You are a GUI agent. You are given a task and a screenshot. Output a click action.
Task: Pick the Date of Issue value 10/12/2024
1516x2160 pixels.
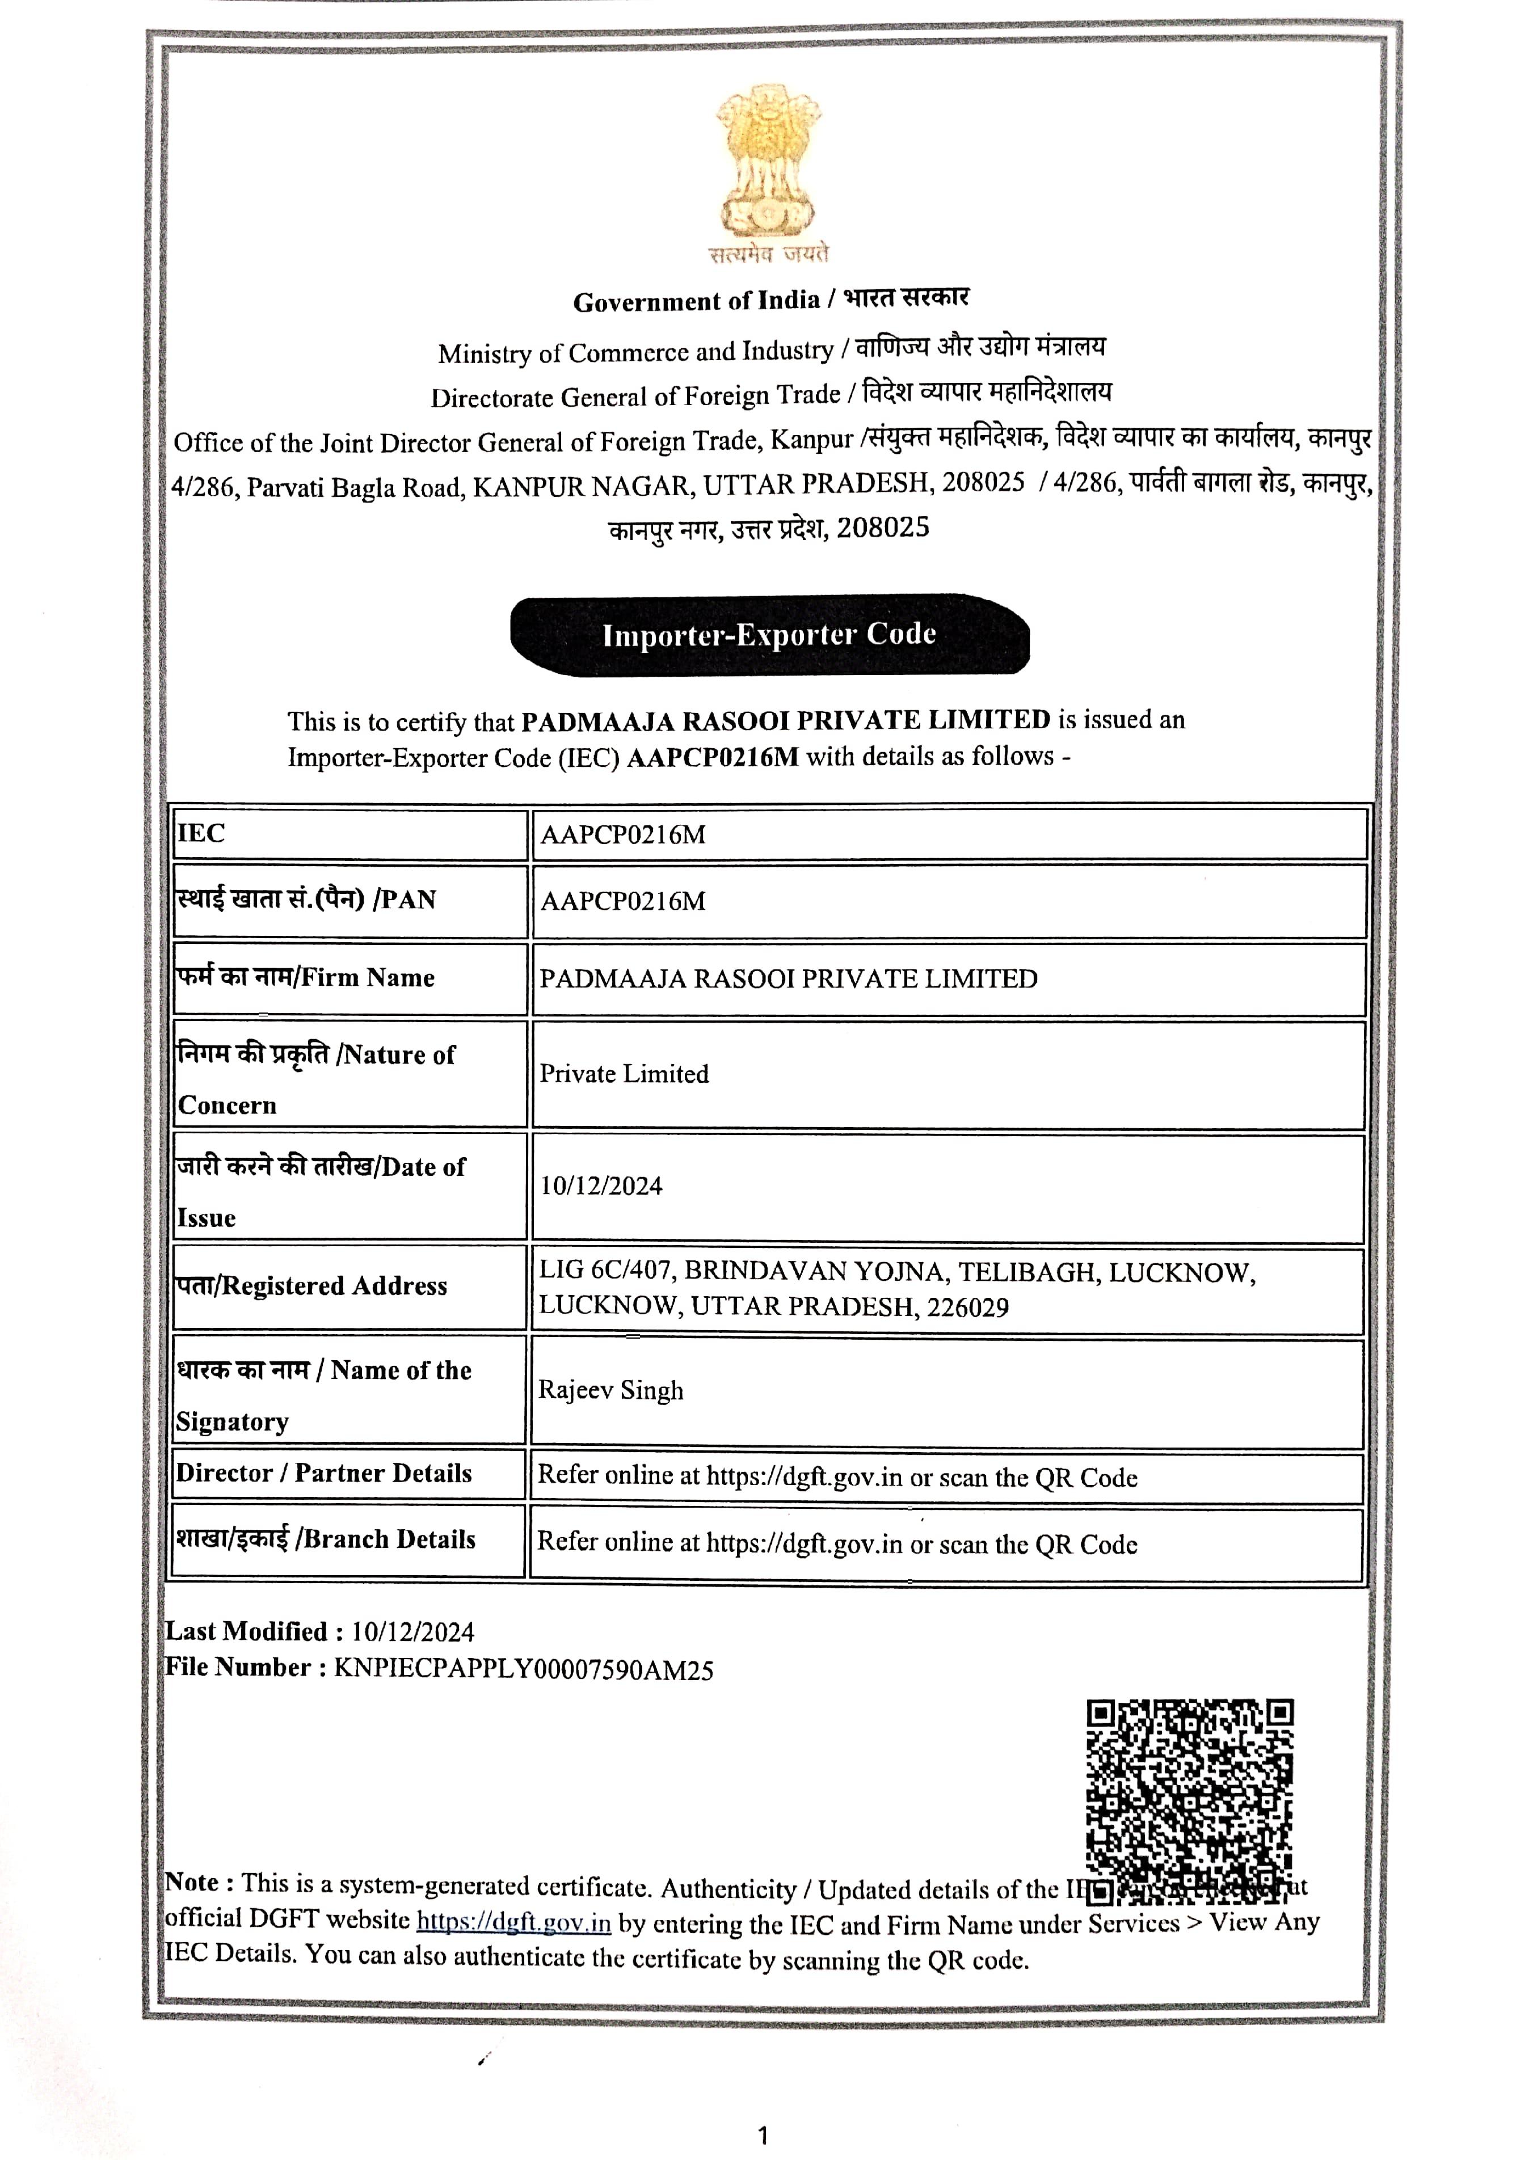coord(600,1186)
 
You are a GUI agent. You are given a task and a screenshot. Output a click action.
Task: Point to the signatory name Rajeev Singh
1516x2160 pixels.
coord(610,1390)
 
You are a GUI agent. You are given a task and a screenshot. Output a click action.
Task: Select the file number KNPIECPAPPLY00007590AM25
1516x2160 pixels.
coord(523,1670)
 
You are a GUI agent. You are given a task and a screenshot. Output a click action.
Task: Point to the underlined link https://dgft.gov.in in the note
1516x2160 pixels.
coord(514,1921)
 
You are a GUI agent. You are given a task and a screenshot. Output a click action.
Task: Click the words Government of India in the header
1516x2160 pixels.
coord(696,302)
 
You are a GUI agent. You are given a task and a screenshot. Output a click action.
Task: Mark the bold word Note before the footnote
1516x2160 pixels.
coord(192,1883)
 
